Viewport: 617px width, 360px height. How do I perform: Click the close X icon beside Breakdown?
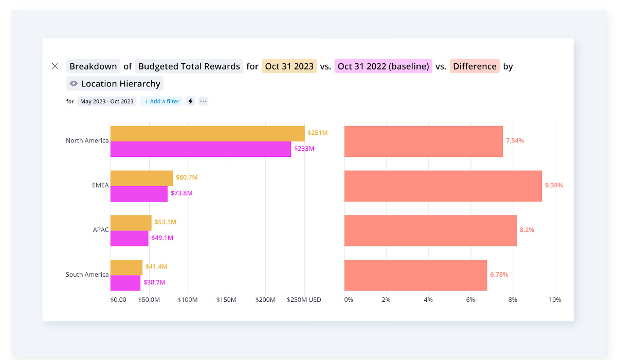(x=56, y=66)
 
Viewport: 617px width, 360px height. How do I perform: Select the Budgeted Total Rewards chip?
(x=189, y=66)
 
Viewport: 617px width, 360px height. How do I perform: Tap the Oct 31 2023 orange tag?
(x=289, y=66)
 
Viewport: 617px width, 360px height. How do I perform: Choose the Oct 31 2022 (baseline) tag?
(x=383, y=66)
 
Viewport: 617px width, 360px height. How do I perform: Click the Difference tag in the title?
(x=475, y=66)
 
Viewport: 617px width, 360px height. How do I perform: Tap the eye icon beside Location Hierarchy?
(x=74, y=84)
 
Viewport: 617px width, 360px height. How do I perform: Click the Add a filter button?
(x=161, y=101)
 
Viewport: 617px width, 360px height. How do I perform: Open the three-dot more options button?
(x=203, y=101)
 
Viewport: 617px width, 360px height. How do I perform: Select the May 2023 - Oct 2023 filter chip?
(x=107, y=101)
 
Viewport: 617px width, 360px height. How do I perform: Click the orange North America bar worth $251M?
(x=207, y=134)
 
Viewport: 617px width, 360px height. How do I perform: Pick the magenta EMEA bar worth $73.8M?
(x=139, y=193)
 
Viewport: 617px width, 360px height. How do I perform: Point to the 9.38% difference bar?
(x=443, y=186)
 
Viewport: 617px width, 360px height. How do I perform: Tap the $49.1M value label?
(x=162, y=238)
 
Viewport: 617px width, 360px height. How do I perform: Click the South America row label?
(x=87, y=275)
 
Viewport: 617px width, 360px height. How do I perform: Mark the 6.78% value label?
(x=499, y=275)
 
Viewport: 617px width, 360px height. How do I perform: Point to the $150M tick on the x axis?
(x=226, y=300)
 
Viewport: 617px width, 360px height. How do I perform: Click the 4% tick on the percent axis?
(x=428, y=300)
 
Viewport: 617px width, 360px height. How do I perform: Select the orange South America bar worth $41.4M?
(x=126, y=267)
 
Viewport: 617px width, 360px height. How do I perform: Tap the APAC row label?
(x=101, y=230)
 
